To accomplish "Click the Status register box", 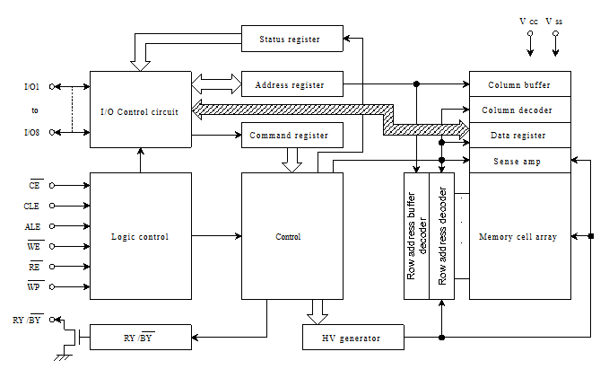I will click(x=293, y=40).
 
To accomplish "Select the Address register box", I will click(x=293, y=85).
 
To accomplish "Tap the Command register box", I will click(x=293, y=136).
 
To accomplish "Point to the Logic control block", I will click(x=140, y=237).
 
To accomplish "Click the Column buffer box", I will click(x=519, y=85).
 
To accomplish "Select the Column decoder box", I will click(x=519, y=110).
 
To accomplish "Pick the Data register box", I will click(x=519, y=136).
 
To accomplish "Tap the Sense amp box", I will click(x=519, y=162).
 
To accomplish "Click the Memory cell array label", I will click(x=519, y=237).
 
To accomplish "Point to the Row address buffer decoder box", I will click(x=417, y=237).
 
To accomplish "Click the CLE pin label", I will click(x=32, y=206).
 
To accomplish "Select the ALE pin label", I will click(x=32, y=226).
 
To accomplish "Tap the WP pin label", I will click(x=32, y=286).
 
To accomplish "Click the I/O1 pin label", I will click(x=31, y=87).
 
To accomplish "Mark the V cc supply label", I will click(x=529, y=21).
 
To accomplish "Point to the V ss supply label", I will click(x=554, y=21).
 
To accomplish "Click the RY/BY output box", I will click(x=140, y=338).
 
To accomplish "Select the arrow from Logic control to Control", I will click(x=216, y=236).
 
